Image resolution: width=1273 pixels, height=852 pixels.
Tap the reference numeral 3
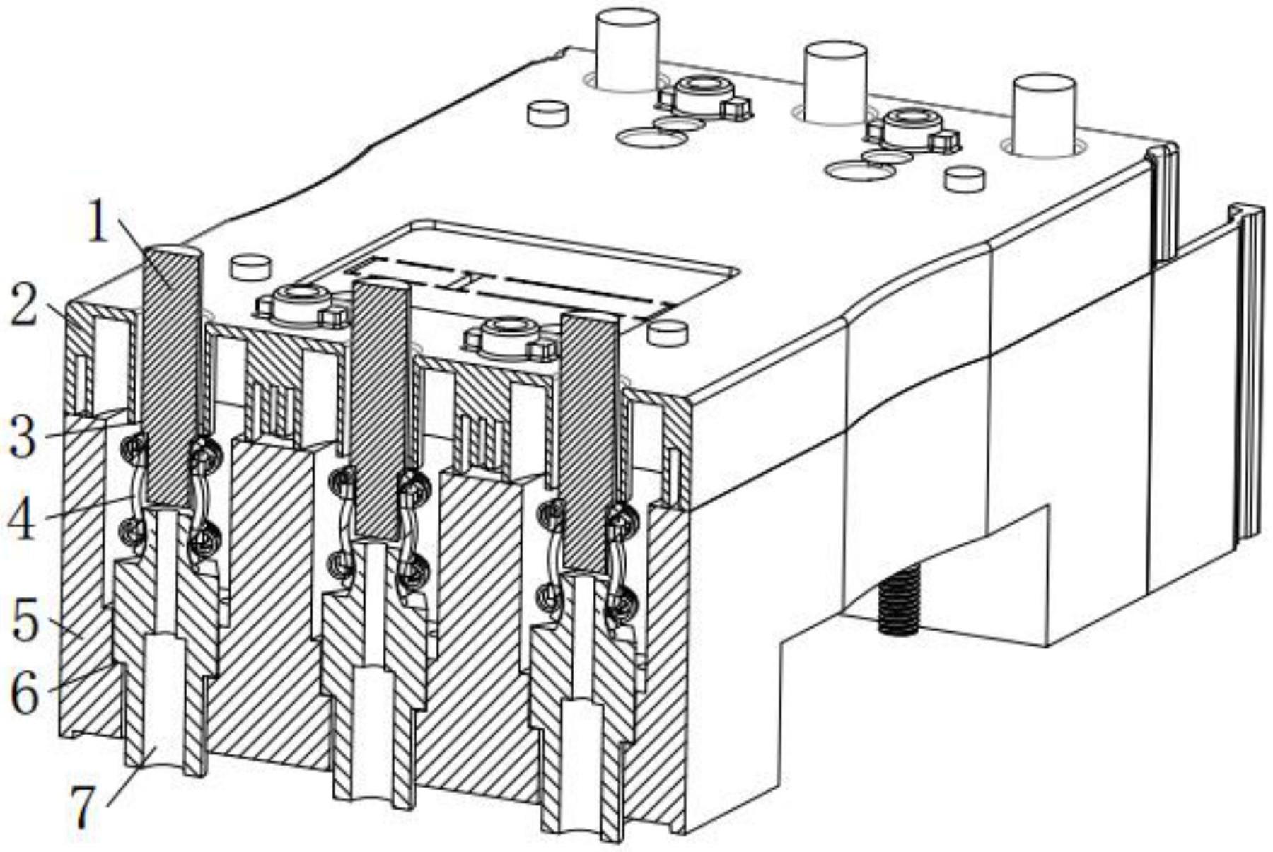[23, 436]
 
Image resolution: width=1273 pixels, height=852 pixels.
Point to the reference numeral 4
[22, 519]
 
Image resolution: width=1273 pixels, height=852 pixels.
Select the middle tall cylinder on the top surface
[837, 82]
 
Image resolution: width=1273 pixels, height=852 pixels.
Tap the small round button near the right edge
[965, 179]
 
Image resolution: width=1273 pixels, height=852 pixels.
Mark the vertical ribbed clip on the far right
[1248, 375]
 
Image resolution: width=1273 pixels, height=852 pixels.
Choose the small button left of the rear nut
[548, 113]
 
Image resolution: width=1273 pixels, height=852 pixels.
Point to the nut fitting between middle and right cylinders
[915, 129]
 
